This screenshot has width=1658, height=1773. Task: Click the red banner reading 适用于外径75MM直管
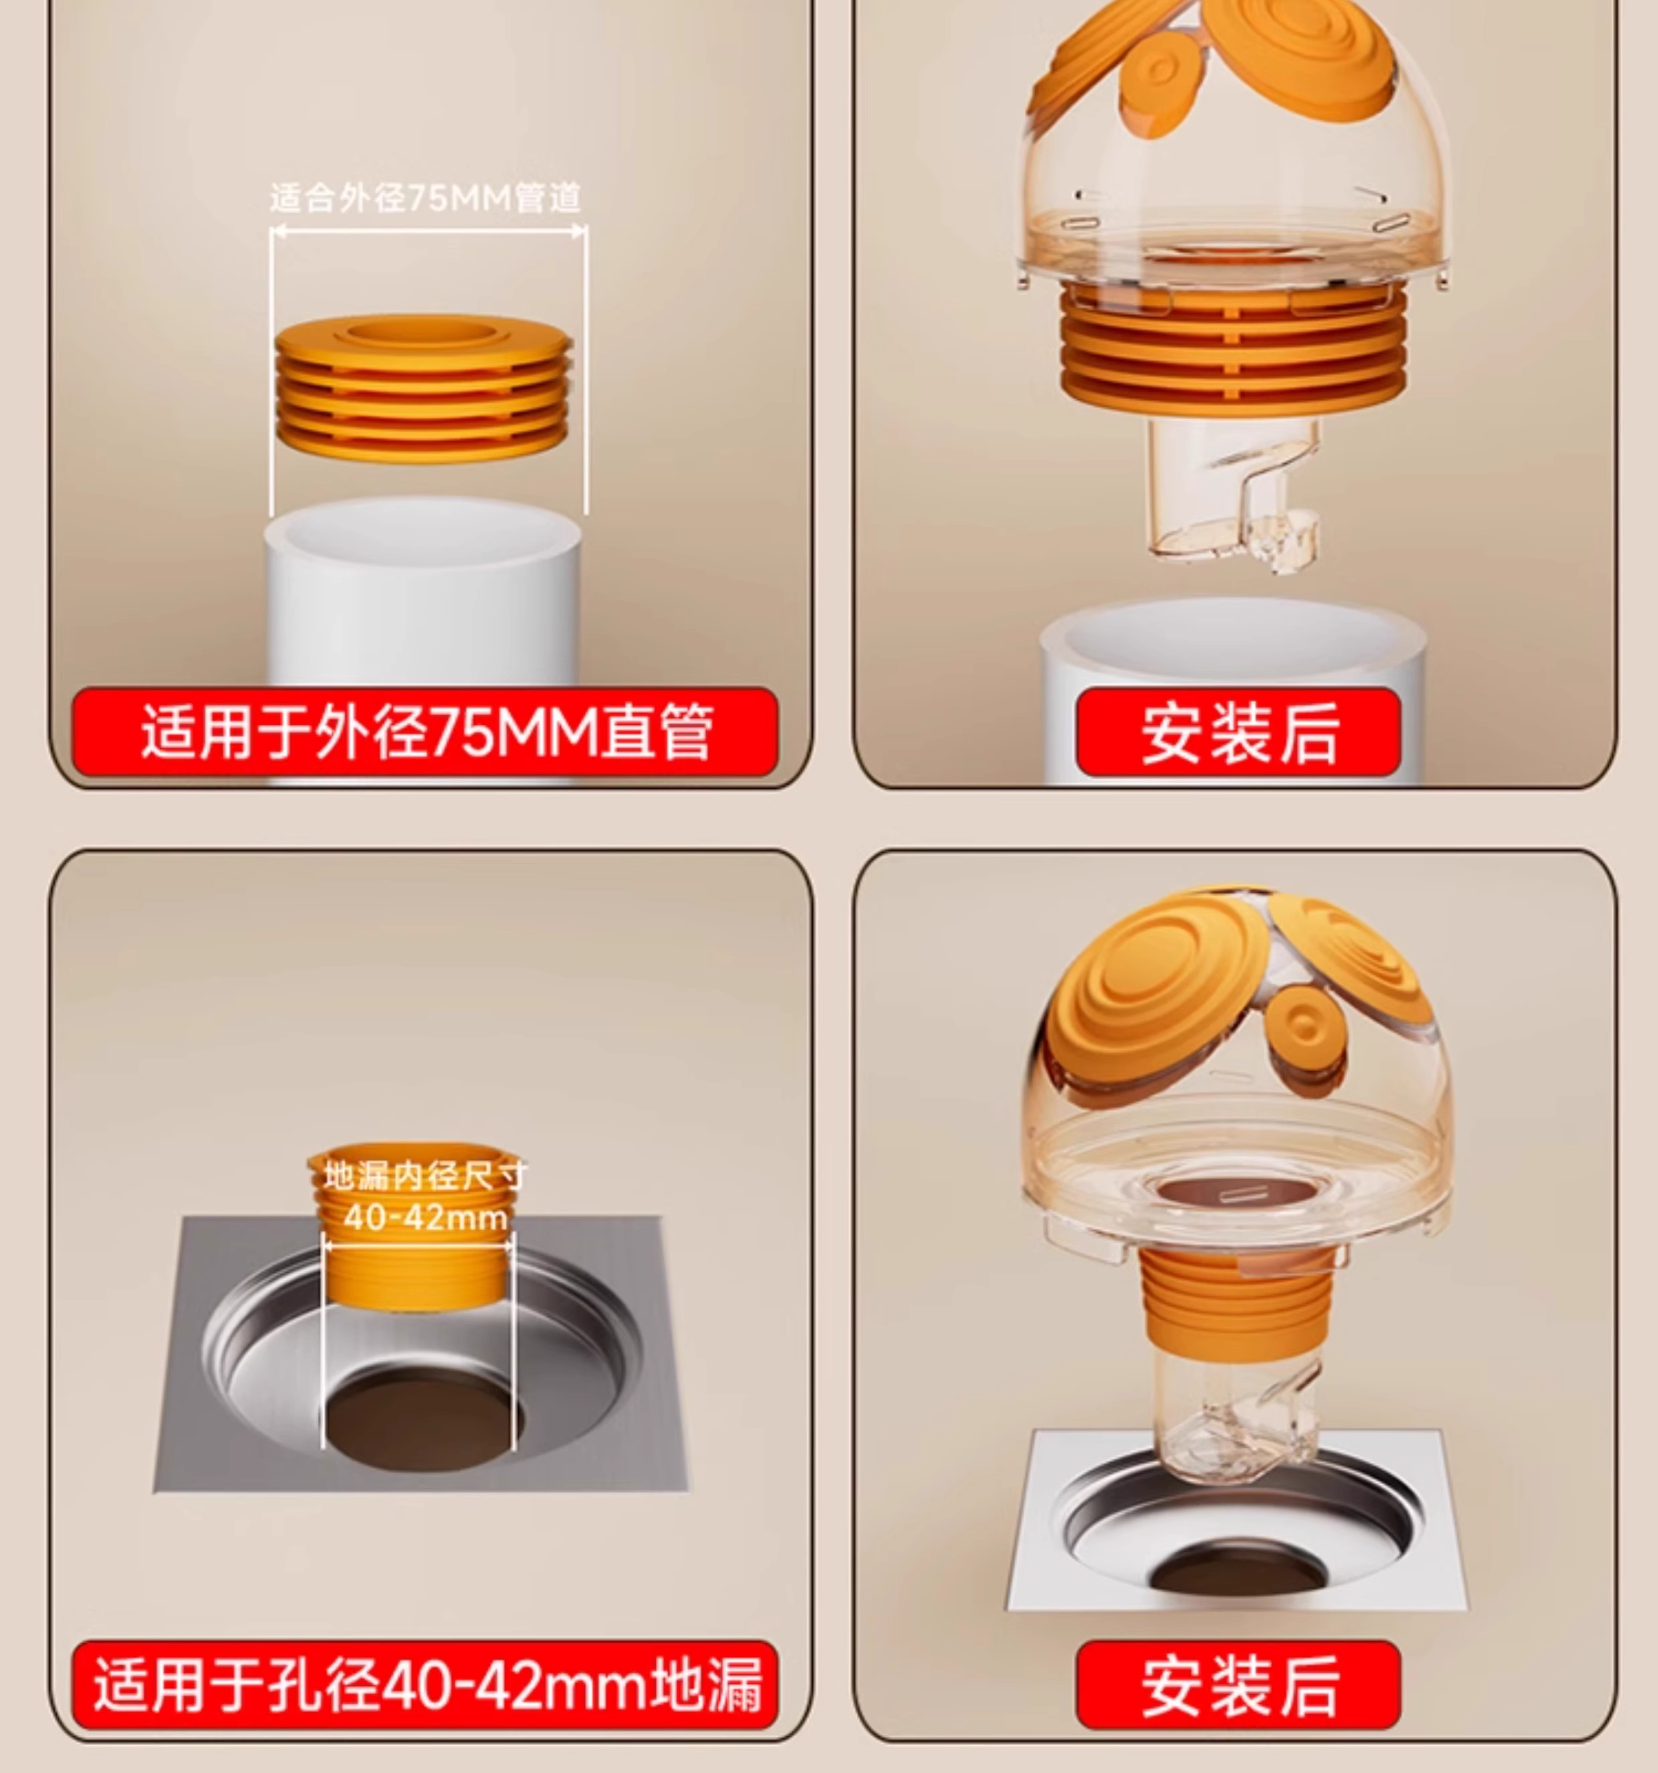click(425, 732)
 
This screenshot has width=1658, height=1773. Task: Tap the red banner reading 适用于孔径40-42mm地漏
click(425, 1685)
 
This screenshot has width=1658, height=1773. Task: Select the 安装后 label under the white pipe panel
click(1238, 732)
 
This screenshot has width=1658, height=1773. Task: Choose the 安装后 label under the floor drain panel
click(1238, 1685)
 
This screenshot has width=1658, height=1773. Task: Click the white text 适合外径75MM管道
click(425, 197)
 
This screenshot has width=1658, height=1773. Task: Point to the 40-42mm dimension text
click(425, 1217)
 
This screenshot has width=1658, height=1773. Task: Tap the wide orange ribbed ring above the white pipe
click(423, 388)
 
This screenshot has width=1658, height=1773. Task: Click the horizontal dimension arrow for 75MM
click(428, 231)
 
